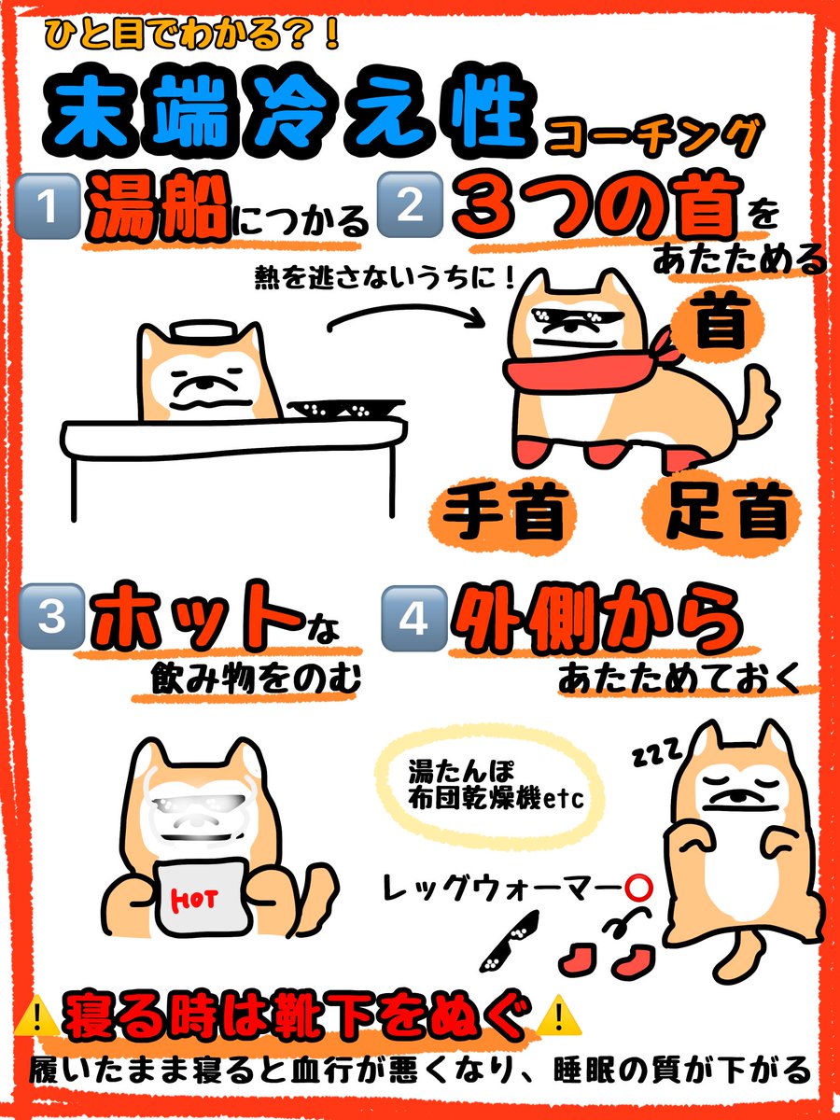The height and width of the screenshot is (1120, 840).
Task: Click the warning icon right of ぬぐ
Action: click(x=560, y=1015)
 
